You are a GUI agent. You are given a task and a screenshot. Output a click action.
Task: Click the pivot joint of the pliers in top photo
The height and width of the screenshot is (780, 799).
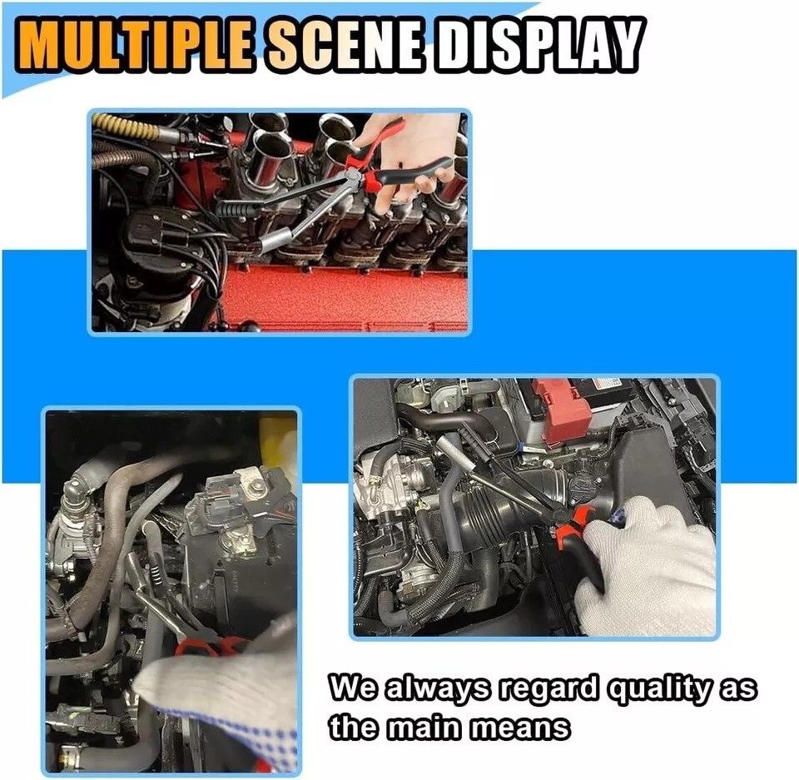(351, 176)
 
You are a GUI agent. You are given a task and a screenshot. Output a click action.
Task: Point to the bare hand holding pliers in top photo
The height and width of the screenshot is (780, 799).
(408, 158)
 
